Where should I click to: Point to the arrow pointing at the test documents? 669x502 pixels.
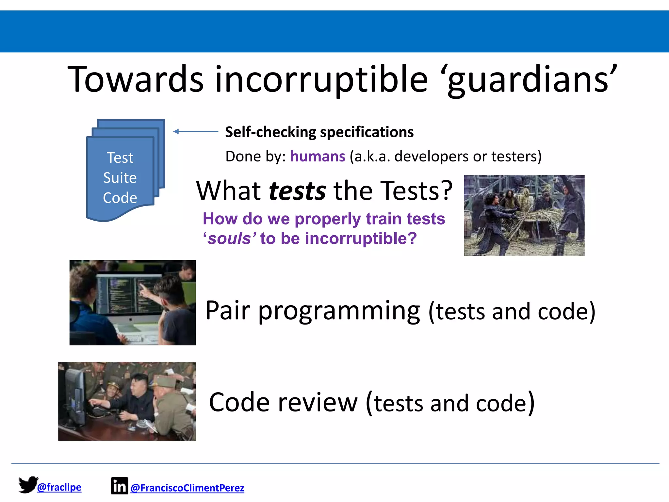195,131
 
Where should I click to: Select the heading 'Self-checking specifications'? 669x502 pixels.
319,132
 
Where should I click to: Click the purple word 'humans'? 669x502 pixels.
318,156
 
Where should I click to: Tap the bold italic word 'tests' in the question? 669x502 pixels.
297,191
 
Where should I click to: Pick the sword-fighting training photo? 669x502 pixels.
524,215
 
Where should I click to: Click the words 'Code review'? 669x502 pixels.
283,403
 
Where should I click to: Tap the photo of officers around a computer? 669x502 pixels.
127,401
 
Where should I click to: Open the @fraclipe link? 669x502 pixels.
59,487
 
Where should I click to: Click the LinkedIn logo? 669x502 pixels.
119,486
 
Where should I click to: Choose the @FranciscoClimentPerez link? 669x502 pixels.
187,488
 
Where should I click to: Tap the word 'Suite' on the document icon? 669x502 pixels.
120,178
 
